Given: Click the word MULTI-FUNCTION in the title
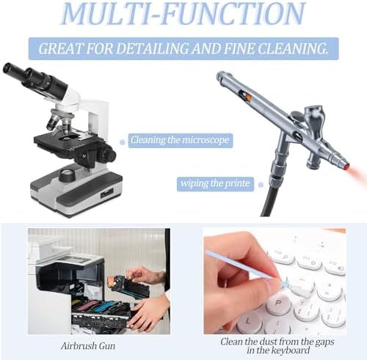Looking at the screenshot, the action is (x=183, y=13).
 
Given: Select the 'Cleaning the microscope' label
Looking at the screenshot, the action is (x=180, y=140).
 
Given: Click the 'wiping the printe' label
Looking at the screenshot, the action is (x=215, y=184).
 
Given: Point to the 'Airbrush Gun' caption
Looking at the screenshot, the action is (x=88, y=346).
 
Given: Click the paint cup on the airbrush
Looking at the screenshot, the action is (x=314, y=114).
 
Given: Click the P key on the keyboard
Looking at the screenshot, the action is (x=278, y=304).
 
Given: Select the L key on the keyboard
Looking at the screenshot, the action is (x=249, y=322).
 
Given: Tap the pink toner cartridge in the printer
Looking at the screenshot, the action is (x=87, y=305).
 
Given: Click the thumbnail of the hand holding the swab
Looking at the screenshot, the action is (x=275, y=281).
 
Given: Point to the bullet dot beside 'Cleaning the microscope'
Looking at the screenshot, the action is (x=123, y=142).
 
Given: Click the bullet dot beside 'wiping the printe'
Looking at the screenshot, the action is (x=261, y=185).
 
